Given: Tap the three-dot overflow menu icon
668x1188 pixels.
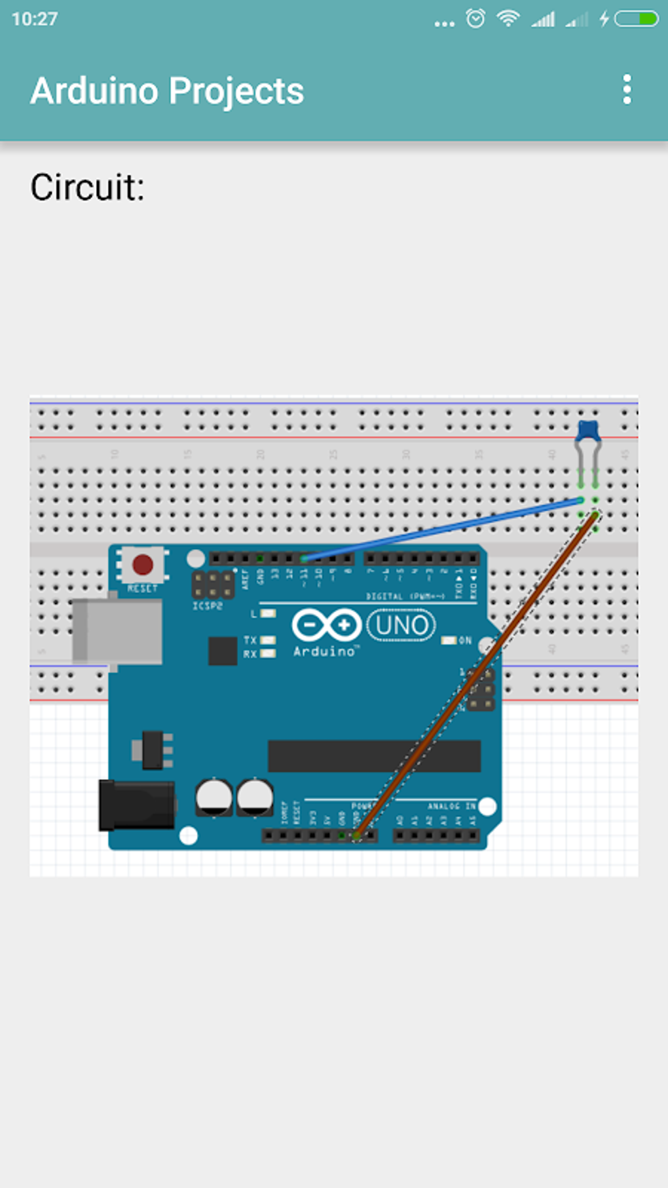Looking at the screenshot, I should click(627, 89).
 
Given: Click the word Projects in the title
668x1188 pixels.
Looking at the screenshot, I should click(236, 91).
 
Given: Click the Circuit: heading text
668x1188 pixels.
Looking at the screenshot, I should click(87, 187).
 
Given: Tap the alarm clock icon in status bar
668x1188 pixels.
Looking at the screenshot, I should click(475, 18).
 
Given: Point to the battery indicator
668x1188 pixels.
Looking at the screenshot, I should click(637, 18).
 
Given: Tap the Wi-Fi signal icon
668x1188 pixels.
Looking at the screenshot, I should click(508, 18).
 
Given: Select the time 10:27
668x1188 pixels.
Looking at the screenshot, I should click(35, 18).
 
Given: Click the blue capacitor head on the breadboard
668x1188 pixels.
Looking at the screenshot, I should click(587, 431).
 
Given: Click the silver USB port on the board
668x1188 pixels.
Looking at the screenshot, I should click(118, 631).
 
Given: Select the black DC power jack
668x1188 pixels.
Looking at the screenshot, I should click(136, 805).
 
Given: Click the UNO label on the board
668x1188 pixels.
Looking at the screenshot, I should click(401, 626).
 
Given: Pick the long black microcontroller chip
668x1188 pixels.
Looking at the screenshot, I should click(374, 756).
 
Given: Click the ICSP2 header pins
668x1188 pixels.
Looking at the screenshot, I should click(213, 585).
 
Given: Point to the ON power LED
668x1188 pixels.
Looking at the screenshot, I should click(449, 640).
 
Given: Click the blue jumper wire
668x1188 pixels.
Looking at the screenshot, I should click(445, 528).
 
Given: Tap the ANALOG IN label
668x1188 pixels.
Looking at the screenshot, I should click(452, 806).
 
